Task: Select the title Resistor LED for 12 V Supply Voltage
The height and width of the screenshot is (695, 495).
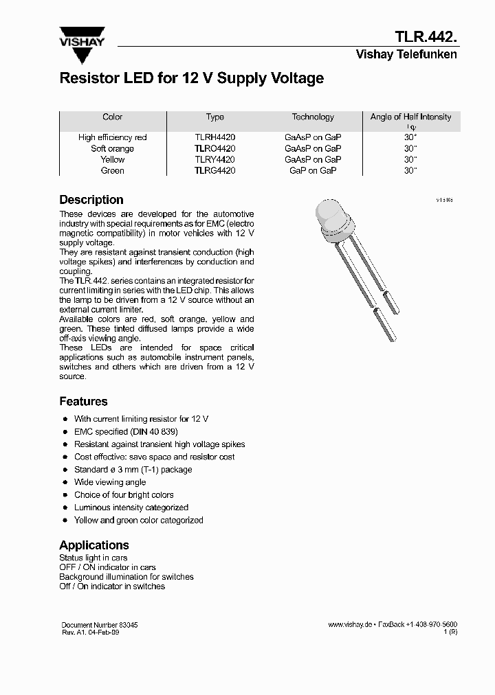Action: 192,78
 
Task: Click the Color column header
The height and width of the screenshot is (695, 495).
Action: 112,117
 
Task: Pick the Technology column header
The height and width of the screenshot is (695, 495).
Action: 313,117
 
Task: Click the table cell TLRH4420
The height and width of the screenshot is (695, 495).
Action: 214,137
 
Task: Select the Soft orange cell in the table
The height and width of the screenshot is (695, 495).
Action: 112,148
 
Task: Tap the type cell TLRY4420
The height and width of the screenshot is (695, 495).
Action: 214,159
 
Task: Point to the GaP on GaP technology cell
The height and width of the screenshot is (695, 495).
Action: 313,170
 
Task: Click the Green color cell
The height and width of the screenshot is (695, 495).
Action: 112,170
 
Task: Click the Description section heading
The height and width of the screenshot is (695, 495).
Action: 91,200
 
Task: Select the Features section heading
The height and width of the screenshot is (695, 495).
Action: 83,402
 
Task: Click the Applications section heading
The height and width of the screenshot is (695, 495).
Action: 94,545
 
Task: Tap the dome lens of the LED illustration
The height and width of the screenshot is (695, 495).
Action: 333,217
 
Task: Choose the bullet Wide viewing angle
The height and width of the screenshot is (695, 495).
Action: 110,482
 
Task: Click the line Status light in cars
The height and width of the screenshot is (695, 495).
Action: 93,558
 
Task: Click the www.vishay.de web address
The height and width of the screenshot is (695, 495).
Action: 351,625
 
